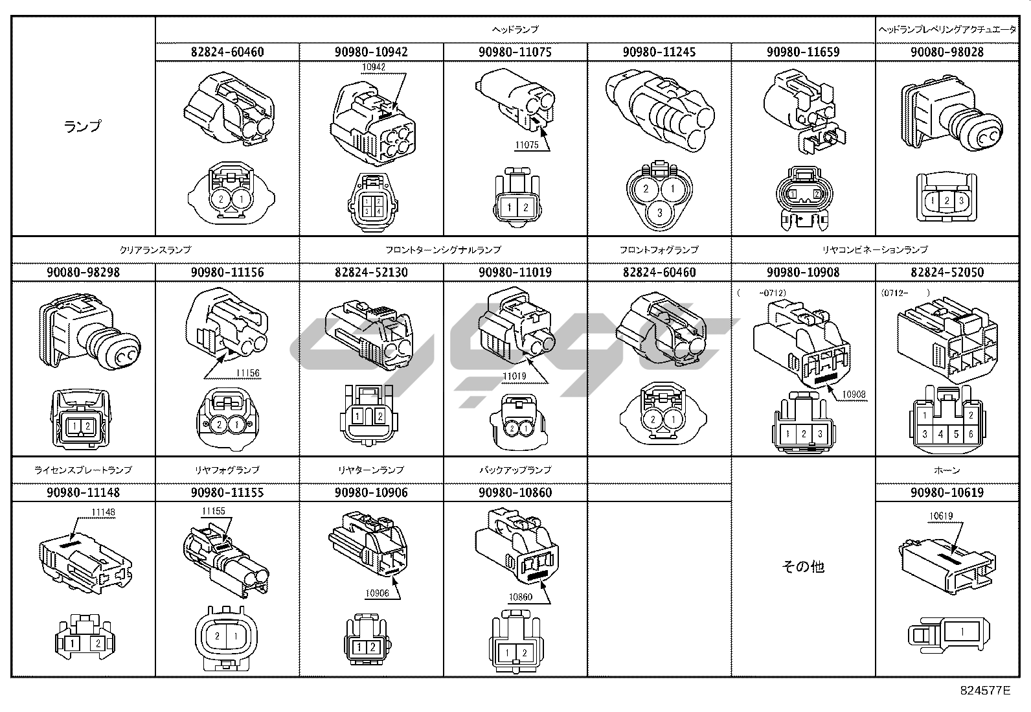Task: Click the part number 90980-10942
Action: [x=371, y=52]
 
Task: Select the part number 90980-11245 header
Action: [x=659, y=52]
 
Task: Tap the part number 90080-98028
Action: [x=947, y=52]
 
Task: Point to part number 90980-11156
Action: [x=227, y=272]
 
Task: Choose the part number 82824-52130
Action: [x=371, y=272]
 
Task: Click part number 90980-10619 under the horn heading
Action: [x=947, y=492]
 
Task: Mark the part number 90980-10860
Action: [x=515, y=492]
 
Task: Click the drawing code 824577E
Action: [x=985, y=691]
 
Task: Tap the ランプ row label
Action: [x=83, y=126]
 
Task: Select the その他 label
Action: [x=803, y=567]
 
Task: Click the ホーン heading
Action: [x=947, y=470]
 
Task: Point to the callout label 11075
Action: [x=527, y=145]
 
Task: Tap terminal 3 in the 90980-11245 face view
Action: [x=659, y=212]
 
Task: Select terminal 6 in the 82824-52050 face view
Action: [x=971, y=434]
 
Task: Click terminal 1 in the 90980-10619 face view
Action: [x=962, y=632]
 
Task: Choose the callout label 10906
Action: [x=377, y=593]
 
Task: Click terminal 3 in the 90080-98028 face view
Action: [x=961, y=200]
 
